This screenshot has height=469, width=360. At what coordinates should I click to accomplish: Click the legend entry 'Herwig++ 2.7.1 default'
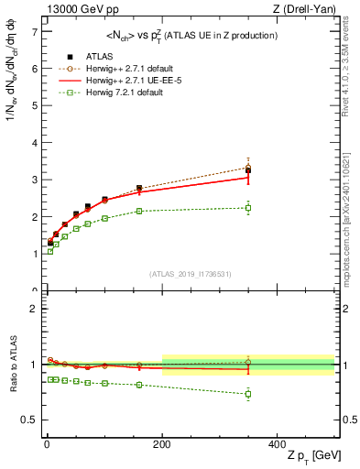(116, 93)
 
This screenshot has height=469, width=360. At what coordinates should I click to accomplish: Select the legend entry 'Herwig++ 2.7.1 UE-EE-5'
(117, 104)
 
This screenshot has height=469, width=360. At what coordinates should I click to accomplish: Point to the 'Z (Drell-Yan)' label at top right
(308, 9)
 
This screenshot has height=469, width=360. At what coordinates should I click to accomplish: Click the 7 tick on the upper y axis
(32, 31)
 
